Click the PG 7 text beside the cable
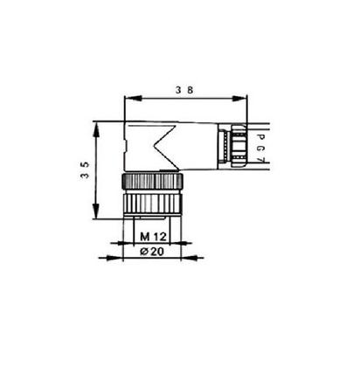coord(263,143)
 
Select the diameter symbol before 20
coord(144,252)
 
